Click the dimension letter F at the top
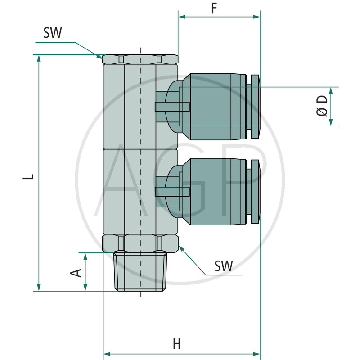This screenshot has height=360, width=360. coord(214,8)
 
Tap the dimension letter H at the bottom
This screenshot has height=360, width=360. coord(176,344)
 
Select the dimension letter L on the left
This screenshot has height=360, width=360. coord(28,176)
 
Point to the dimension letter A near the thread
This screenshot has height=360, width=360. coord(76,273)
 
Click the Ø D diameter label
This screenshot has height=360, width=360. coord(322,106)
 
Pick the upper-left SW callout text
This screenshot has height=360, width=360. coord(53,32)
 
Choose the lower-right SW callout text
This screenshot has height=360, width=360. coord(223,266)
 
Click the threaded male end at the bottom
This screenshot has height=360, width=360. coord(140,272)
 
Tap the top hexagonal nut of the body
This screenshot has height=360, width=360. coord(140,59)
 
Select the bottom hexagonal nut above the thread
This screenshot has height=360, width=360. coord(140,243)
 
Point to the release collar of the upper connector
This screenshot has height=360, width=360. coord(255,107)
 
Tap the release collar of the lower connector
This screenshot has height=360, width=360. coord(255,192)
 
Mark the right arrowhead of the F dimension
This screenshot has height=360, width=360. coord(256,17)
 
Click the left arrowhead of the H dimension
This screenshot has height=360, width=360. coord(107,354)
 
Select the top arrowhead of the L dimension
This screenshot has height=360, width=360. coord(39,58)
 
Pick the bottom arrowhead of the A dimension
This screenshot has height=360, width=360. coord(85,288)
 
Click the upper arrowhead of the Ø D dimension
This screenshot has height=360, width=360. coord(331,91)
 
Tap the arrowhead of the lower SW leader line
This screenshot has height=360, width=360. coord(181,248)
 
